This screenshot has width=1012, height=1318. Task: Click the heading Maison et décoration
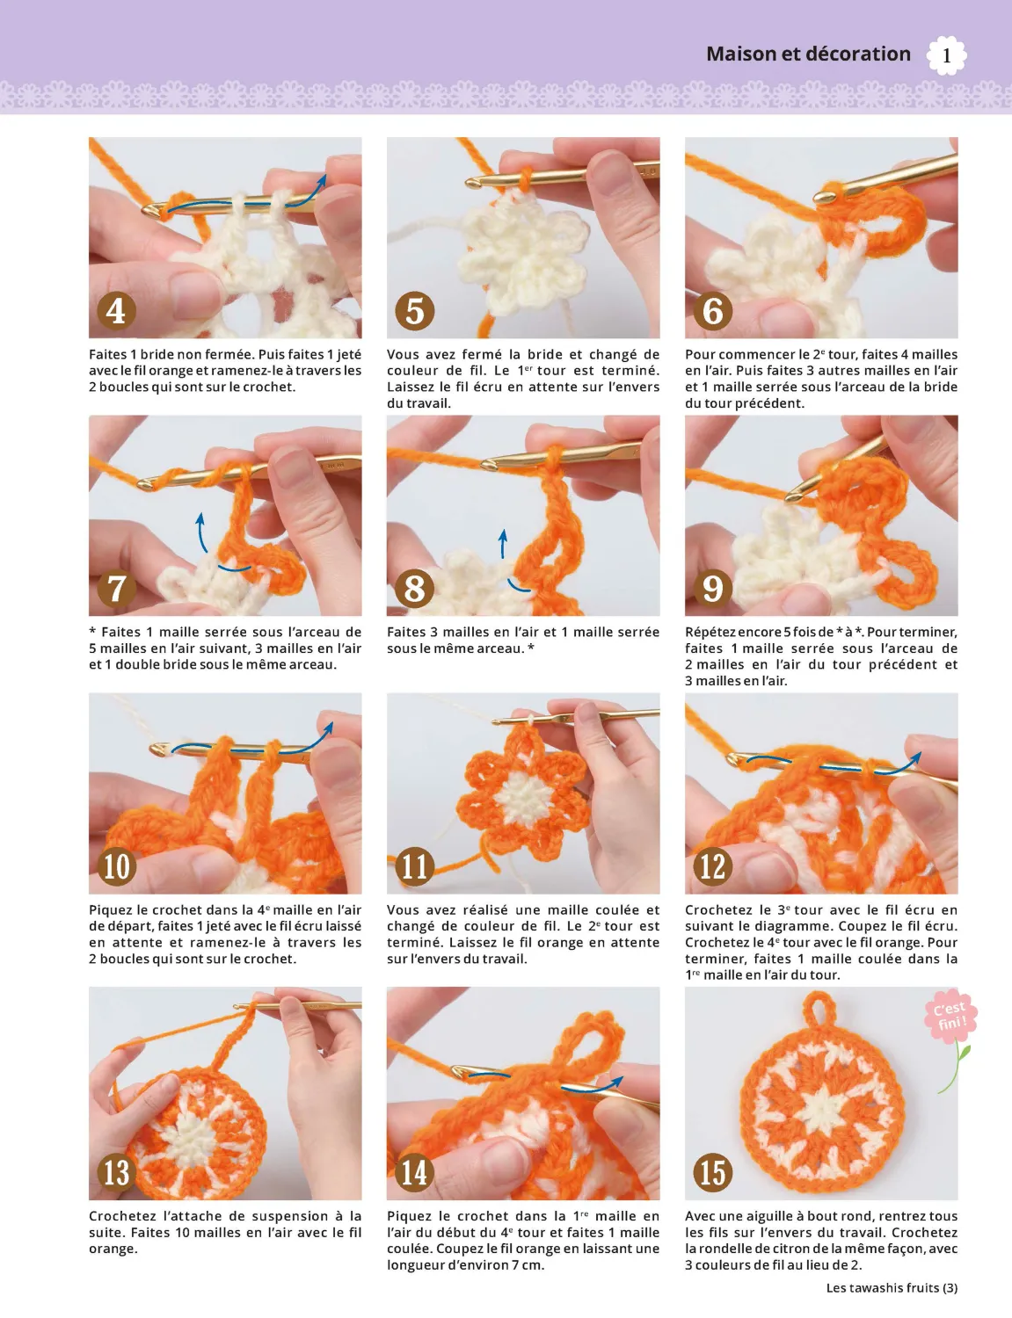coord(808,54)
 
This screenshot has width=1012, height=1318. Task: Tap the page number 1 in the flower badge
coord(946,56)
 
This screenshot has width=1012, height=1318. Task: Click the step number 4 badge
coord(116,311)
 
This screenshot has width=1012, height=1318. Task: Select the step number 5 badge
coord(414,311)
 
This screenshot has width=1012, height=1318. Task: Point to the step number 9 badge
coord(712,589)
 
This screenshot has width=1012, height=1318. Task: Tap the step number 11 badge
coord(414,866)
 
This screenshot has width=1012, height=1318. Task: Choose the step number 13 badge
coord(116,1172)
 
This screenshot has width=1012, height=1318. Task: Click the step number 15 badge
coord(712,1172)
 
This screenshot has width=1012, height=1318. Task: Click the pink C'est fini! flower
coord(950,1017)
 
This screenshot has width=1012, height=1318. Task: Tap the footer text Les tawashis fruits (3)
coord(892,1288)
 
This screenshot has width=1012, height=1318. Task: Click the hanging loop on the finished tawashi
coord(821,1010)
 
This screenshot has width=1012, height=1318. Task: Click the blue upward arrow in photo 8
coord(503,544)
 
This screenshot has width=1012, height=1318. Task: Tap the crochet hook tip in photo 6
coord(824,195)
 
